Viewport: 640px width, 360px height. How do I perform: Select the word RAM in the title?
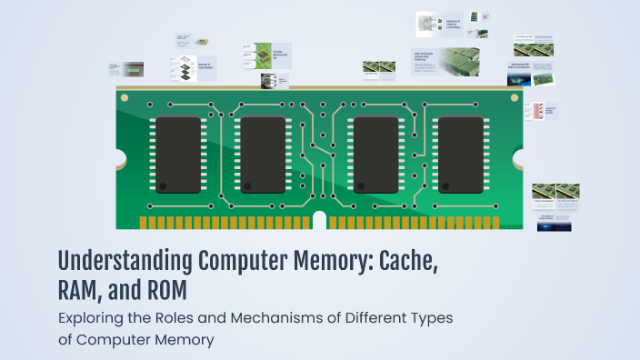(86, 293)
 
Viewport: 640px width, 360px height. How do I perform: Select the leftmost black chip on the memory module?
(177, 154)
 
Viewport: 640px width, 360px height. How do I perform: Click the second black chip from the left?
(264, 154)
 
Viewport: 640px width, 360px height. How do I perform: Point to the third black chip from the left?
(376, 154)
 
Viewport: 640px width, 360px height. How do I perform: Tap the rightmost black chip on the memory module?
(462, 154)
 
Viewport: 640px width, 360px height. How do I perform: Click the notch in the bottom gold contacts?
(319, 221)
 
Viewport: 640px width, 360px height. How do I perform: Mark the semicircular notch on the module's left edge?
(121, 159)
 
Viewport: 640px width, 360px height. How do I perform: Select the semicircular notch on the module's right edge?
(520, 159)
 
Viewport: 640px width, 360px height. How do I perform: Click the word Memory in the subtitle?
(183, 341)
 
